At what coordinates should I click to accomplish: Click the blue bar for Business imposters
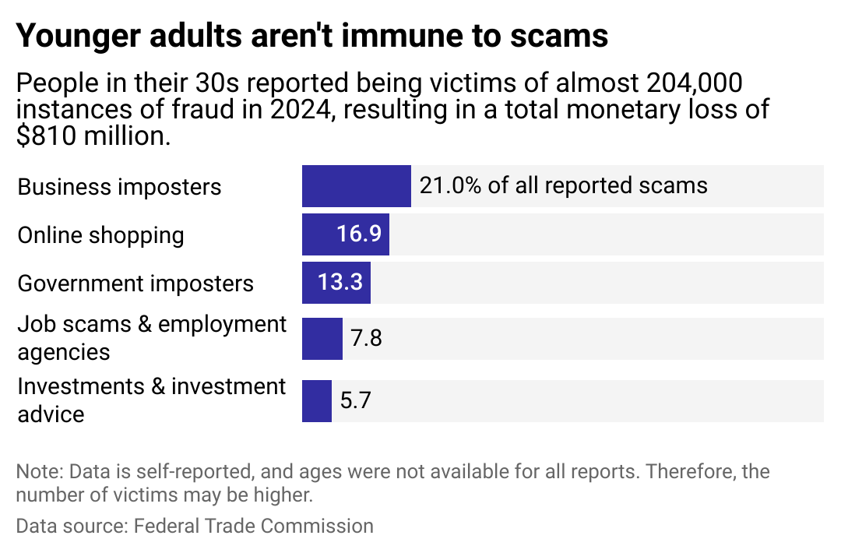pos(356,186)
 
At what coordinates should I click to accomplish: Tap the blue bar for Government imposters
pos(310,283)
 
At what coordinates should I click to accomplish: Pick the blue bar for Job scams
pos(322,339)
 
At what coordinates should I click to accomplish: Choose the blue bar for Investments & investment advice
pos(317,401)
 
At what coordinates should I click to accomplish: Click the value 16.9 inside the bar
pos(359,234)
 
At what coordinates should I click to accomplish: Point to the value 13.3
pos(340,283)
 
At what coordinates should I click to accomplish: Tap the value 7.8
pos(366,339)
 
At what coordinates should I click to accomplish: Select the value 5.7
pos(356,401)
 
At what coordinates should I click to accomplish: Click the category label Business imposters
pos(119,187)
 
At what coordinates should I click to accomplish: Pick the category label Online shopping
pos(100,235)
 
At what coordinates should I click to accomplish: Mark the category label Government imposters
pos(135,284)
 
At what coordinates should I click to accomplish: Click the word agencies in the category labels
pos(63,352)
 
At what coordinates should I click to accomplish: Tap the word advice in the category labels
pos(51,414)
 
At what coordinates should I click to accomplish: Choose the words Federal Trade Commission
pos(254,526)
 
